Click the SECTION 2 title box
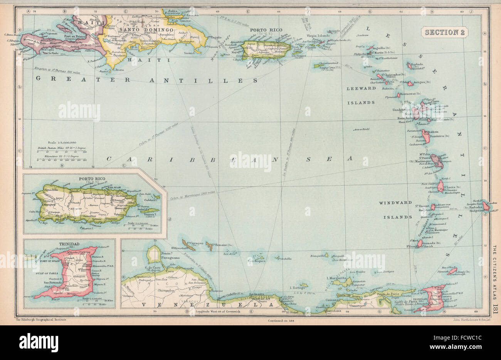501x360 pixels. point(444,32)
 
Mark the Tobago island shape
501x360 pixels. point(452,272)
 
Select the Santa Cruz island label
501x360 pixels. point(326,69)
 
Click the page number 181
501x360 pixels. point(495,302)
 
